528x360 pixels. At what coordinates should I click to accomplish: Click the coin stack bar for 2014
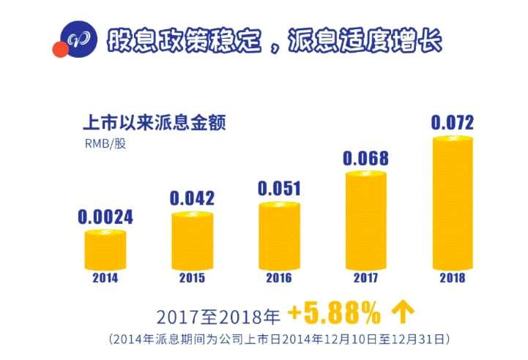tap(105, 249)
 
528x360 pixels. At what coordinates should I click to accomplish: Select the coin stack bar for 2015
tap(193, 240)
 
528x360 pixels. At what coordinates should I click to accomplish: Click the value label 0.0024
tap(105, 217)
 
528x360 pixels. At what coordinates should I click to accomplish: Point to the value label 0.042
tap(192, 198)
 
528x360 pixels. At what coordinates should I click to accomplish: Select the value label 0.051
tap(280, 188)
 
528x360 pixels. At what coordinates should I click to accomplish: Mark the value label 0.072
tap(452, 122)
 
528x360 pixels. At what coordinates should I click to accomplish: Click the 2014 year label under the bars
tap(105, 278)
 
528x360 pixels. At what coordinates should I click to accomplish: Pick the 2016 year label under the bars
tap(280, 278)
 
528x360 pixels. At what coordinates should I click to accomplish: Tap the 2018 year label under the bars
tap(453, 278)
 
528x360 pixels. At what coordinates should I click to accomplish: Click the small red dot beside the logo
tap(59, 50)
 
